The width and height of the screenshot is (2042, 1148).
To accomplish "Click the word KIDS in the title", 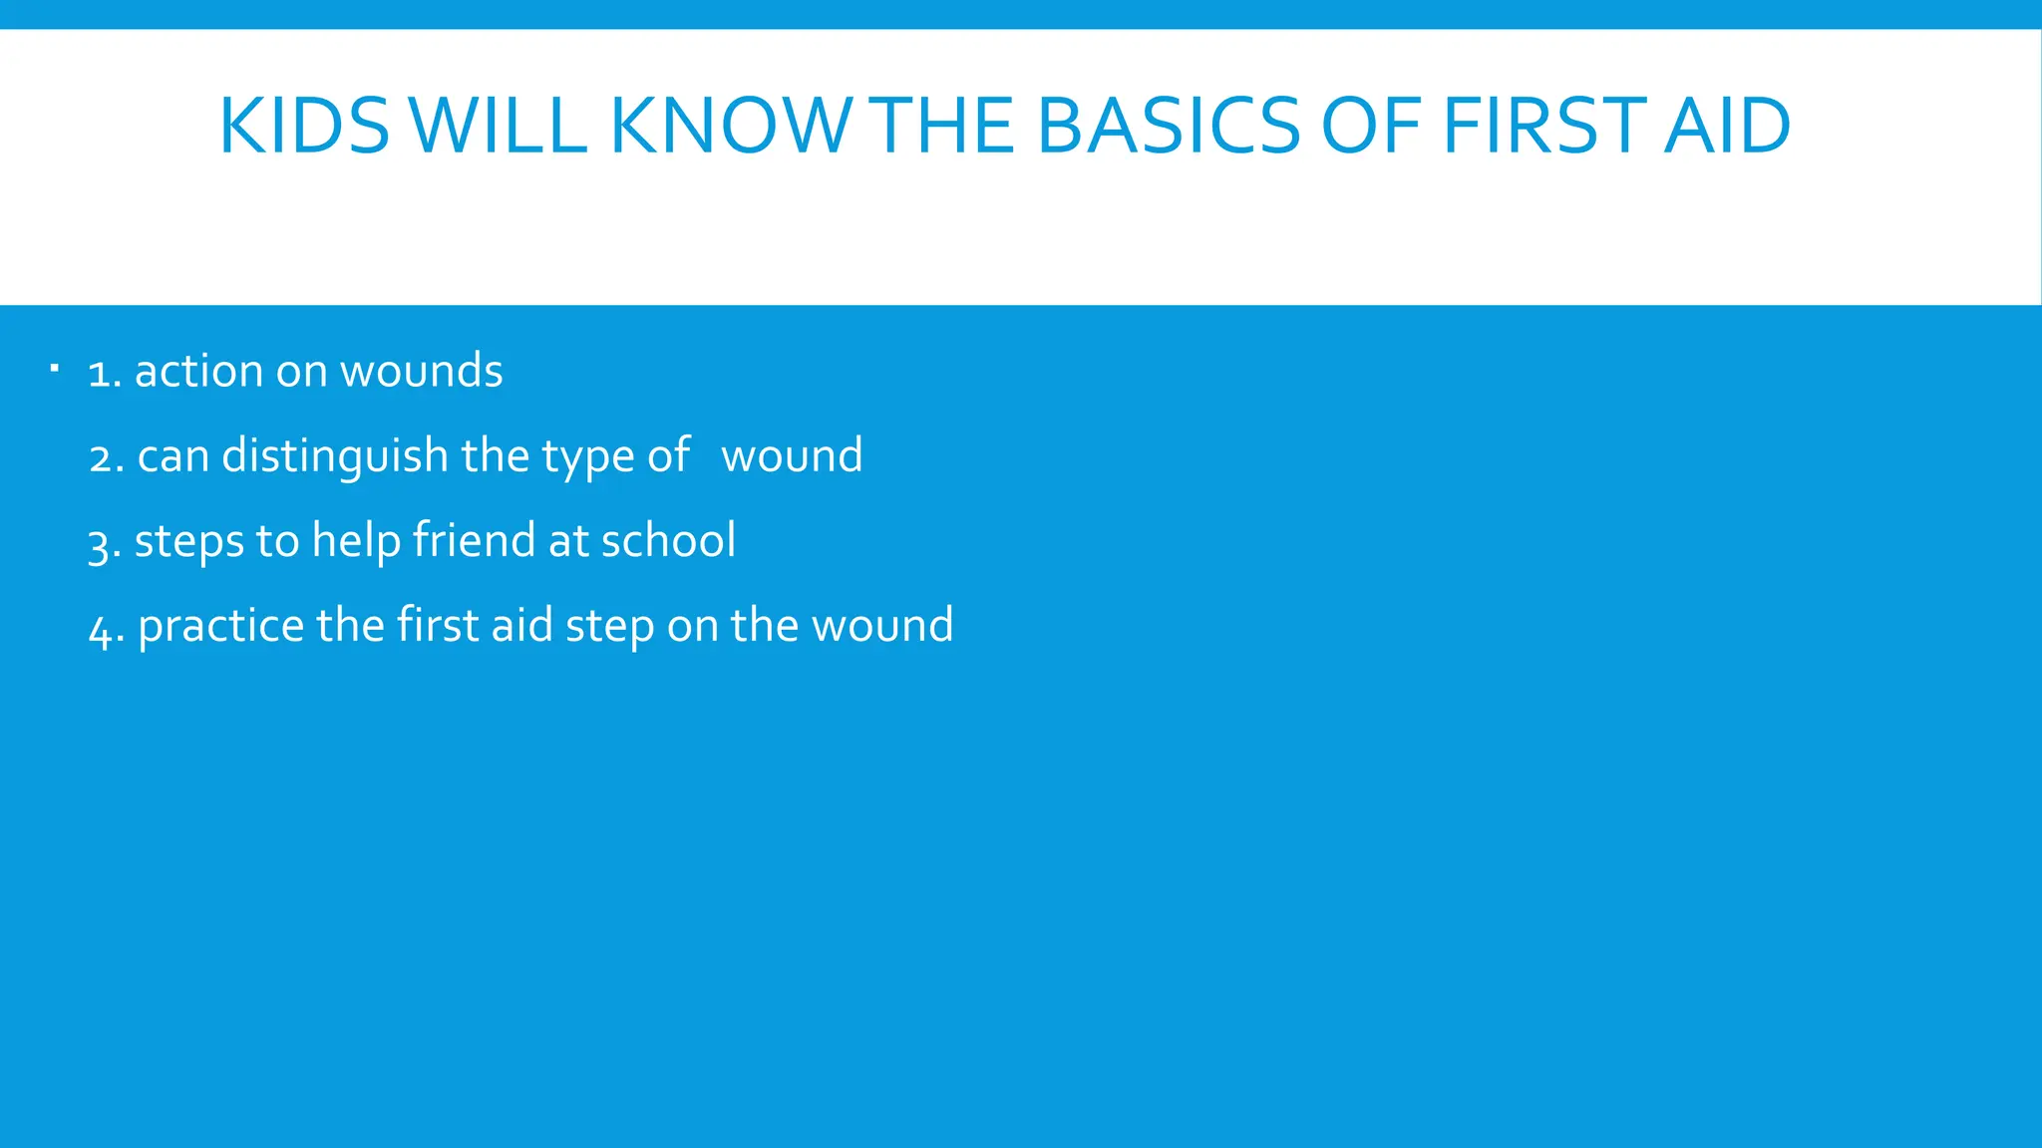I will tap(304, 127).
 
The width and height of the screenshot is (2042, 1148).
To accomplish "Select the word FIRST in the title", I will tap(1543, 127).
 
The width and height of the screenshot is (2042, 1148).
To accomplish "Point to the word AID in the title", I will tap(1727, 127).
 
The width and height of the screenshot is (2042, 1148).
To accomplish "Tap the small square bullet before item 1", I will tap(55, 371).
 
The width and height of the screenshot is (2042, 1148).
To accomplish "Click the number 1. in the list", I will tap(104, 373).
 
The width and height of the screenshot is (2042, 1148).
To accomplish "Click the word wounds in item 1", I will tap(421, 371).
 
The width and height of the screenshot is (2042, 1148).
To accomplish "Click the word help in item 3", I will tap(356, 542).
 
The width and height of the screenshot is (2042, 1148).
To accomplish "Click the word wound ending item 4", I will tap(882, 626).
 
